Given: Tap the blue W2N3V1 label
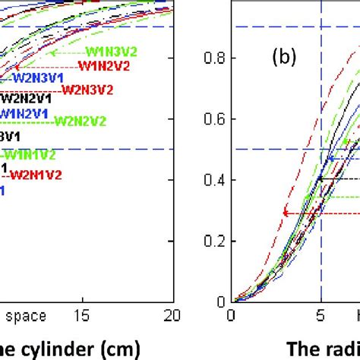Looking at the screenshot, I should [x=37, y=77].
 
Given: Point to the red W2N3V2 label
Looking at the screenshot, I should [x=87, y=89].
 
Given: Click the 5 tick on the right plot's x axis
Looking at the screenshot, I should [x=321, y=314].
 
